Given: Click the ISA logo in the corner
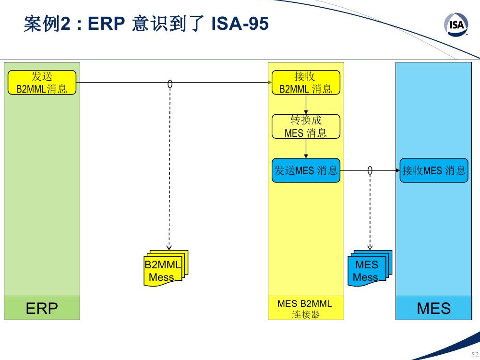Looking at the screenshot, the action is (x=456, y=25).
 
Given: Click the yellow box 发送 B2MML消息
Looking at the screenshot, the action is (x=42, y=83).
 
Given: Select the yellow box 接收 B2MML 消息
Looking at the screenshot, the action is (x=306, y=83).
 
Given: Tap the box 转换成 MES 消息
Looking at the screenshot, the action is (x=306, y=126).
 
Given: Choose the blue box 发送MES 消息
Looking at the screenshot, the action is (x=306, y=170).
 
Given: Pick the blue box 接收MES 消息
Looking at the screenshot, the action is (x=434, y=170).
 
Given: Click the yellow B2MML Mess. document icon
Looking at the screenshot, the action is (x=166, y=268).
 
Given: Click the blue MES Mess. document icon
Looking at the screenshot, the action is (x=370, y=268).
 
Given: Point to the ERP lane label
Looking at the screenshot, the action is (x=42, y=308).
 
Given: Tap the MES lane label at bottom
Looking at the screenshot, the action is (x=434, y=308).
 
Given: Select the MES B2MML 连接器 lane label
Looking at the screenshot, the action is (x=305, y=309).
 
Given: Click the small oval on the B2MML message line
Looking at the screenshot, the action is (x=170, y=84).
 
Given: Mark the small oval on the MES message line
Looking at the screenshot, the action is (x=370, y=170).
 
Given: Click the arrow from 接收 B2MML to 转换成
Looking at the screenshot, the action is (x=306, y=104).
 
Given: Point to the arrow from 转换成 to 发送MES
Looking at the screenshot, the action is (x=306, y=148).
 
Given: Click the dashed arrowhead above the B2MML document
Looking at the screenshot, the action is (x=169, y=248).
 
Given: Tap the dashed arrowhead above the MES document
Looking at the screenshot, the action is (x=370, y=248).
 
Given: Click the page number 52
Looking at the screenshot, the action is (x=475, y=355).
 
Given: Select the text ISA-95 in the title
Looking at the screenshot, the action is (x=240, y=24).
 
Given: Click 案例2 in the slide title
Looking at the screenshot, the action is (x=47, y=24).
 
